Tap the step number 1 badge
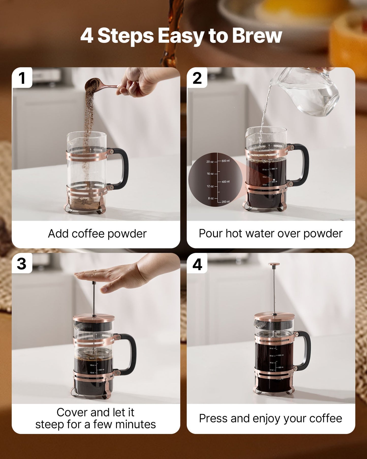pos(22,78)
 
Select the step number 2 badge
pos(197,78)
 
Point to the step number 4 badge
pos(197,264)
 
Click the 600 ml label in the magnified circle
pos(226,161)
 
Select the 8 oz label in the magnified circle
pos(211,198)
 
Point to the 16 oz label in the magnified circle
pos(210,174)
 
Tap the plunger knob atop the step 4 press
pos(274,264)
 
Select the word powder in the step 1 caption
pos(127,234)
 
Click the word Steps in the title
pos(125,36)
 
